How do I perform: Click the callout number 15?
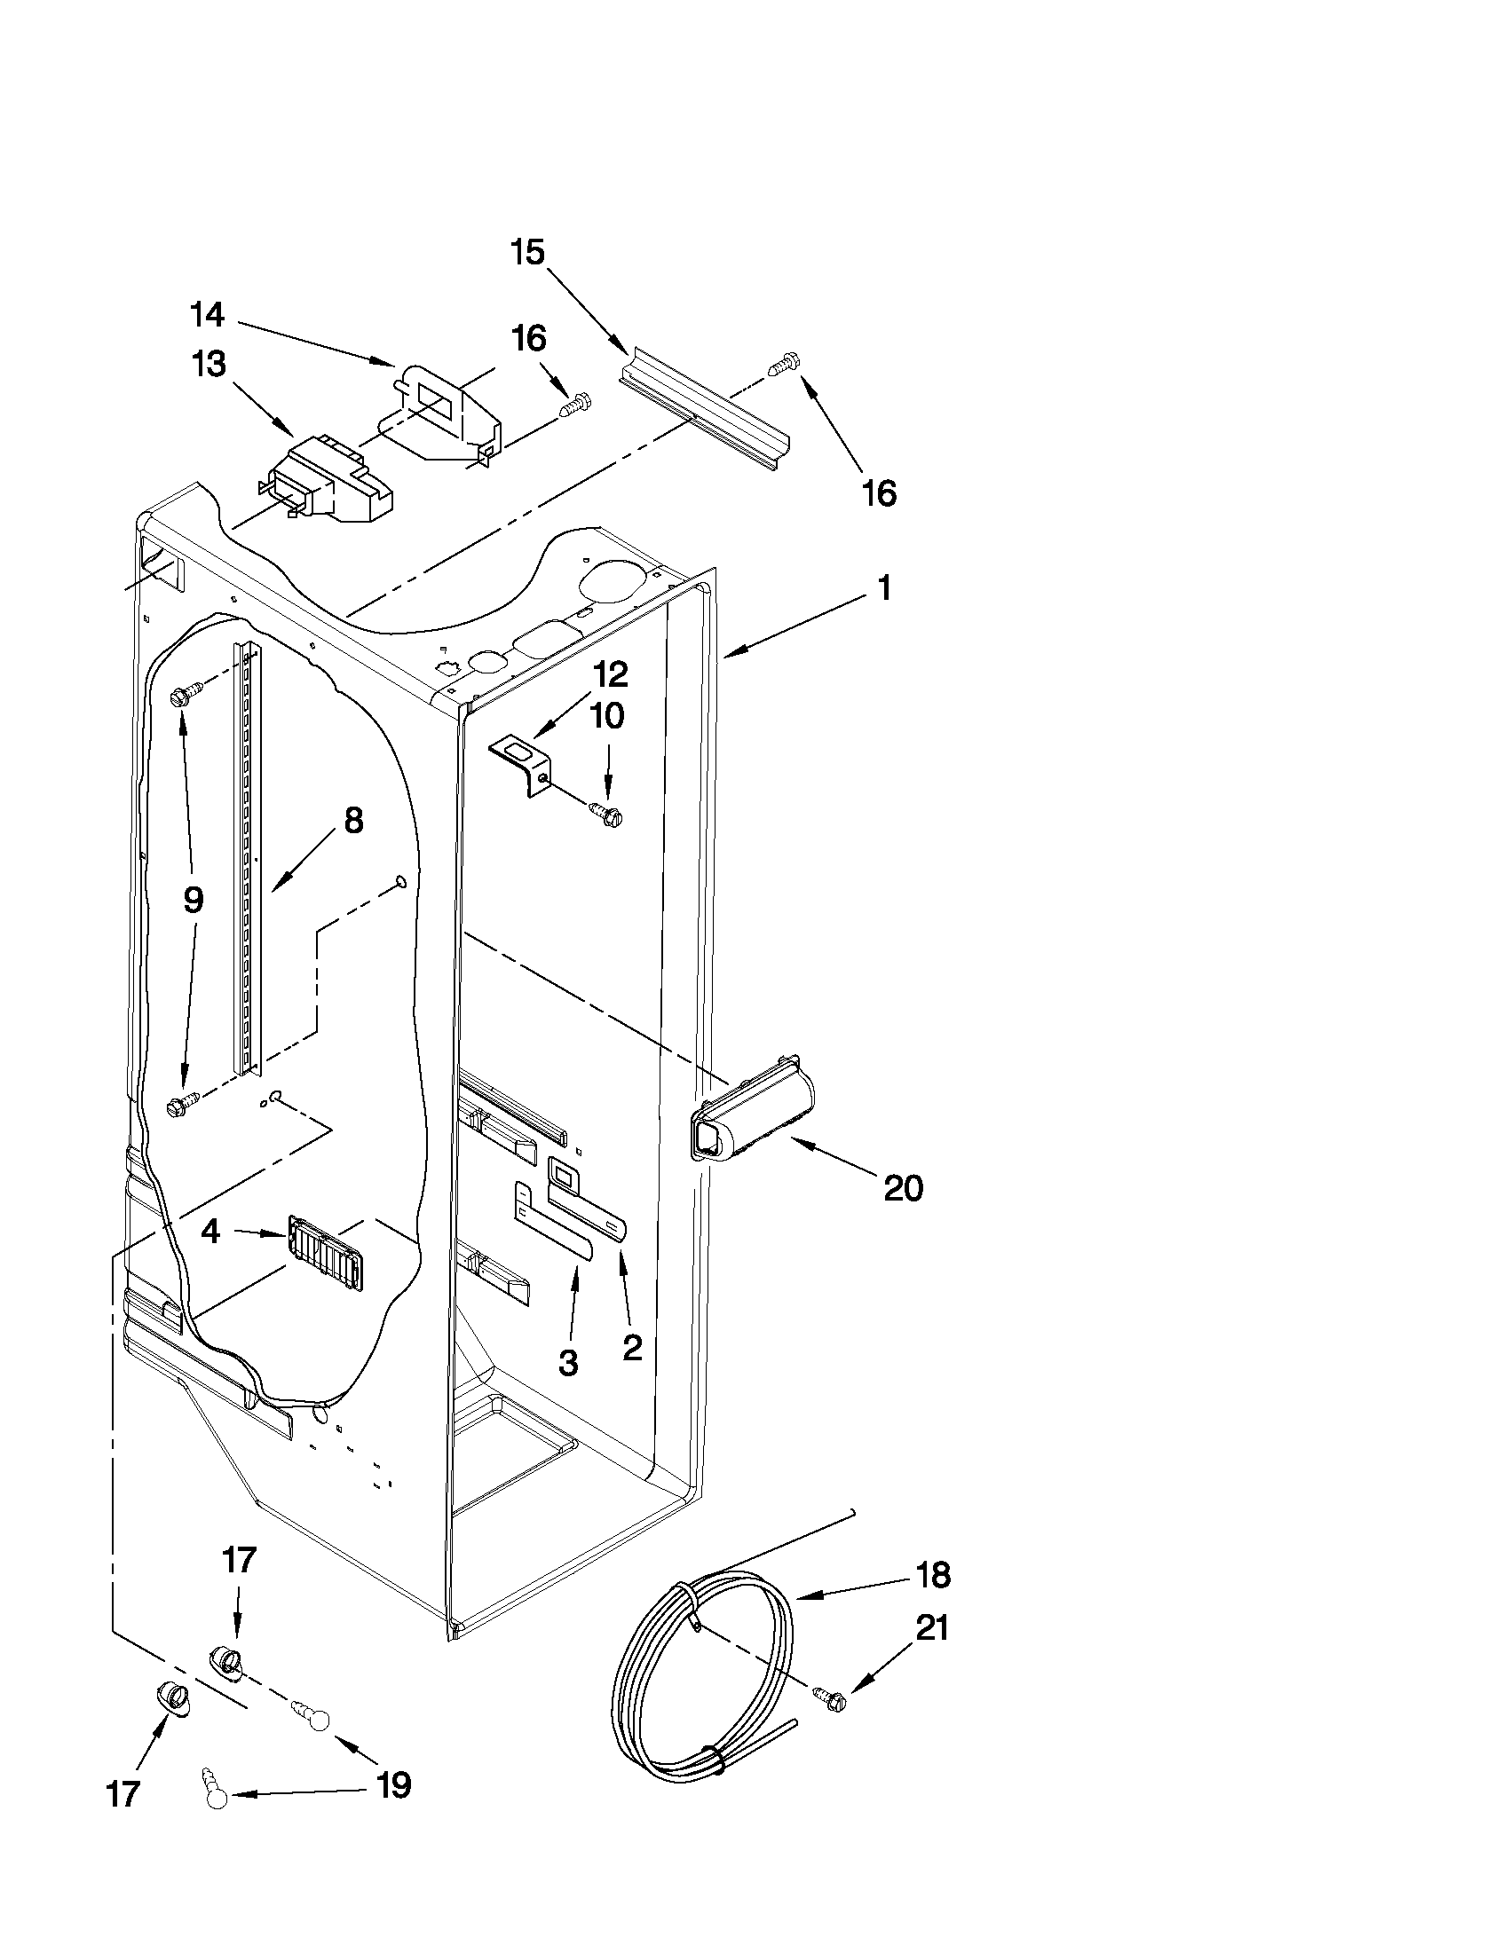coord(528,253)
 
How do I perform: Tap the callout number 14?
coord(207,315)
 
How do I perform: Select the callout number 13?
coord(209,365)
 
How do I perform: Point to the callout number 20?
coord(903,1188)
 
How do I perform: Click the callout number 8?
coord(353,820)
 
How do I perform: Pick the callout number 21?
coord(931,1628)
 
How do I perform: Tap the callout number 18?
coord(933,1575)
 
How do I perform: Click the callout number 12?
coord(609,674)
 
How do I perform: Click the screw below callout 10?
coord(605,815)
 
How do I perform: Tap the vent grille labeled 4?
coord(326,1252)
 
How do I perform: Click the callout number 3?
coord(567,1362)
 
